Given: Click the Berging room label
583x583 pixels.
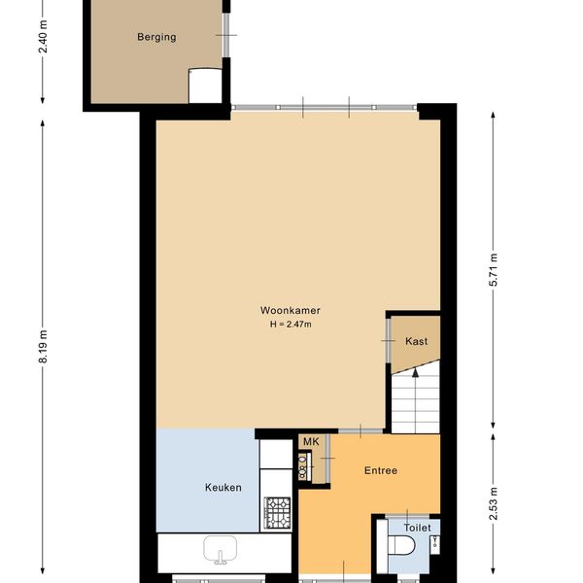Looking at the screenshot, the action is click(x=156, y=37).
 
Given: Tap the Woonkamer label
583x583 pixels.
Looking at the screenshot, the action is click(x=290, y=311).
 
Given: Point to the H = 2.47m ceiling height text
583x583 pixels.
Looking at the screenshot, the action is click(x=291, y=325).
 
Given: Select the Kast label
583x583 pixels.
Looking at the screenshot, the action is click(x=416, y=341).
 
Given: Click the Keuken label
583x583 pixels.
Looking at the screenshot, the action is click(x=223, y=488).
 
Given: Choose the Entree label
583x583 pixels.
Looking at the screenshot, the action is click(x=381, y=470).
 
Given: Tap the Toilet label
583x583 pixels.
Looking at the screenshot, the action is click(x=418, y=528).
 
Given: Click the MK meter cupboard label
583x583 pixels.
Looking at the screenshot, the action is click(x=311, y=442).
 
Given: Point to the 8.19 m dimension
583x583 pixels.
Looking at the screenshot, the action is click(x=44, y=347).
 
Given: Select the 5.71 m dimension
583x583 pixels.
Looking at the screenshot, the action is click(x=494, y=269).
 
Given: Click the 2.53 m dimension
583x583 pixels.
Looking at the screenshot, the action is click(x=494, y=503).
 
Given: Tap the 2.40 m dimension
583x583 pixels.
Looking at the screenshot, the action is click(x=44, y=37).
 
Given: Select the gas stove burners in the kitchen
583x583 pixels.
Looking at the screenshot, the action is click(x=277, y=513).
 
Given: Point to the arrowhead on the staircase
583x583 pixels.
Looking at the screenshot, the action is click(x=415, y=372).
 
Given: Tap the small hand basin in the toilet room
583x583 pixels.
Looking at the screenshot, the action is click(x=434, y=545).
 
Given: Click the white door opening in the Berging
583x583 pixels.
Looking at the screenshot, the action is click(x=205, y=86).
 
